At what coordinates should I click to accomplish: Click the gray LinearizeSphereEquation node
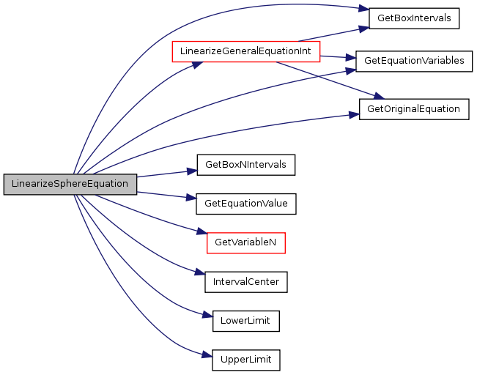point(70,185)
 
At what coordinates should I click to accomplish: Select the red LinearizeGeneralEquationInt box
point(246,52)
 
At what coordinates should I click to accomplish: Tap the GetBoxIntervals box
point(414,18)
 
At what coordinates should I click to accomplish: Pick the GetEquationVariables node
point(414,62)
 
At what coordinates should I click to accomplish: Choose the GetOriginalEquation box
point(414,109)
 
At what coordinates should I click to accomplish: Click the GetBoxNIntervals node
point(246,165)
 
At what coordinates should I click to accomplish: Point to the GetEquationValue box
point(246,204)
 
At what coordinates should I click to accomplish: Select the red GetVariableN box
point(246,243)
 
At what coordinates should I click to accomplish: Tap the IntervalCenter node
point(246,282)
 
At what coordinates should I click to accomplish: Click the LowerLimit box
point(246,322)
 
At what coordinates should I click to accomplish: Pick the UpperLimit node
point(246,360)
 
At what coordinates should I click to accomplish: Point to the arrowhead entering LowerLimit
point(207,315)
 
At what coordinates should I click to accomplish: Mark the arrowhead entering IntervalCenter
point(200,272)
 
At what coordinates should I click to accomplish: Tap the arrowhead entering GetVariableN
point(201,231)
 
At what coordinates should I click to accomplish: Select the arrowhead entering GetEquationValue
point(191,198)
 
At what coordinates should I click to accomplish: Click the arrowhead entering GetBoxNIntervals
point(192,171)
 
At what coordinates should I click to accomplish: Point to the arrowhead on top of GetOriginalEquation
point(379,96)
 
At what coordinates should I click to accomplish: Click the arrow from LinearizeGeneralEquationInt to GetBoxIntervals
point(333,34)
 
